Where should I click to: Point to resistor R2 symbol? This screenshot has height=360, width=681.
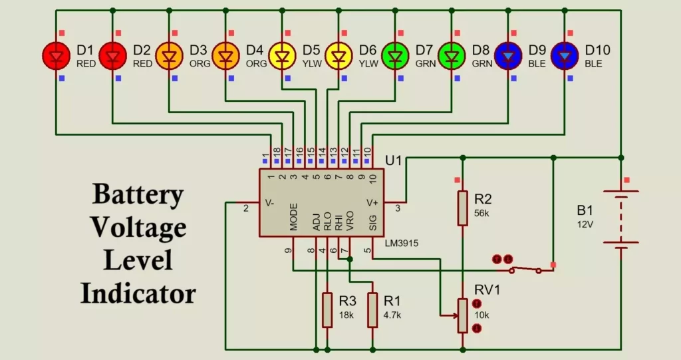coord(463,208)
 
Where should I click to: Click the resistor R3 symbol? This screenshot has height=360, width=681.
coord(327,309)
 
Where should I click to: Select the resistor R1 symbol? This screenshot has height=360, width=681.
coord(372,309)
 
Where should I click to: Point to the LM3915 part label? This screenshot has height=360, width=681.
coord(402,244)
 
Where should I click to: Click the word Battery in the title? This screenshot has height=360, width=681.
coord(138,194)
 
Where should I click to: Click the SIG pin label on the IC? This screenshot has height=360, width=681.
coord(372,221)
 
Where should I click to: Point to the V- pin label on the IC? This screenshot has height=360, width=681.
coord(269,202)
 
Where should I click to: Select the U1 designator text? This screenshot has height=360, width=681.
coord(394,160)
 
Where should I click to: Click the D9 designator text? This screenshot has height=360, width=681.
coord(537,49)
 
